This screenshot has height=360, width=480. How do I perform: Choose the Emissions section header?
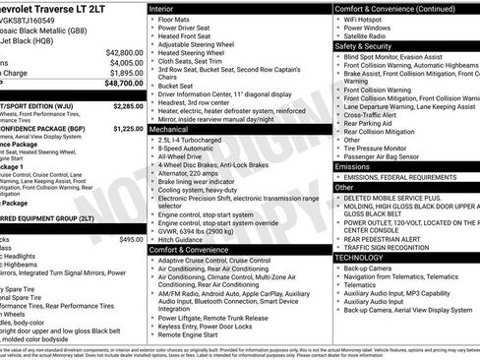[353, 166]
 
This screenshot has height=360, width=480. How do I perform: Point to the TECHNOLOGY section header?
[360, 257]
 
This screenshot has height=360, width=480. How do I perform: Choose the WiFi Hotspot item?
[366, 19]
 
